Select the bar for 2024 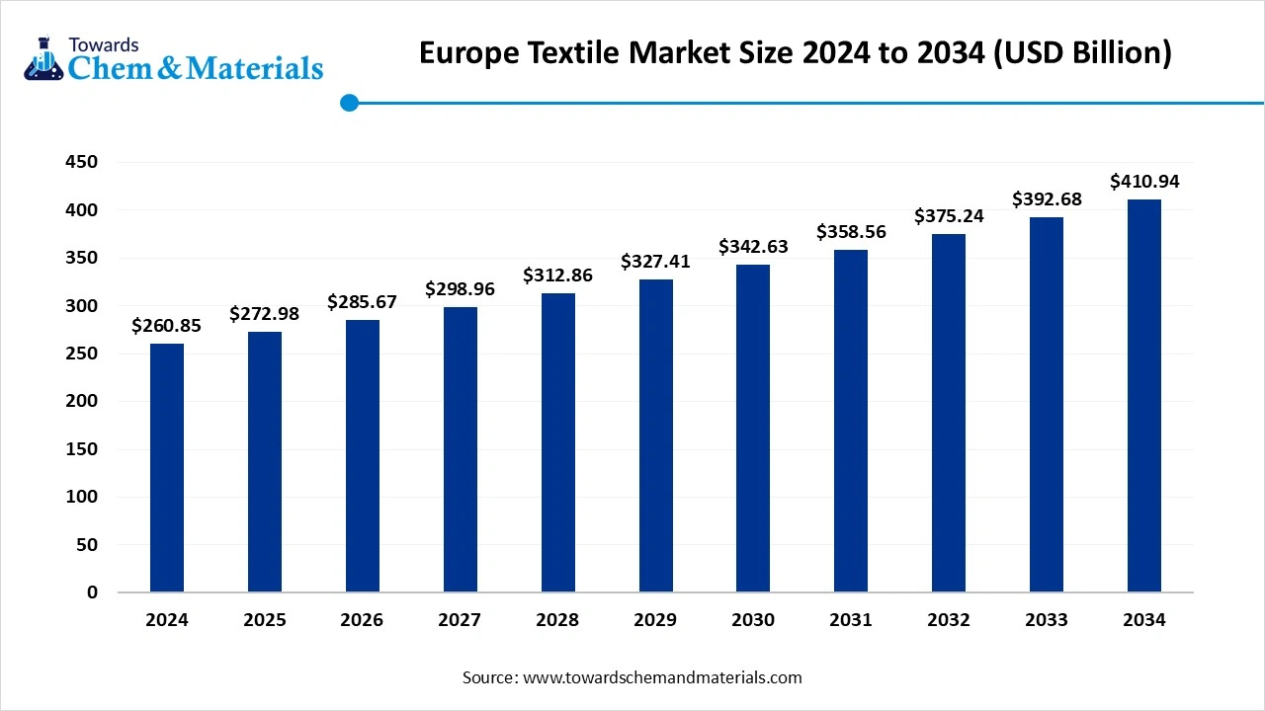tap(166, 468)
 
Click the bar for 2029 tap(655, 435)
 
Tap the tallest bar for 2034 tap(1143, 396)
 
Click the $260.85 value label tap(166, 326)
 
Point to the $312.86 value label tap(557, 276)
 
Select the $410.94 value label tap(1143, 182)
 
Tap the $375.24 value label tap(949, 216)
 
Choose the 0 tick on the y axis tap(92, 592)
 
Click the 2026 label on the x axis tap(362, 620)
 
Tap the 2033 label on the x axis tap(1046, 620)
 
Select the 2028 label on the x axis tap(557, 620)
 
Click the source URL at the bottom tap(661, 677)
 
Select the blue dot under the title tap(349, 103)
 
